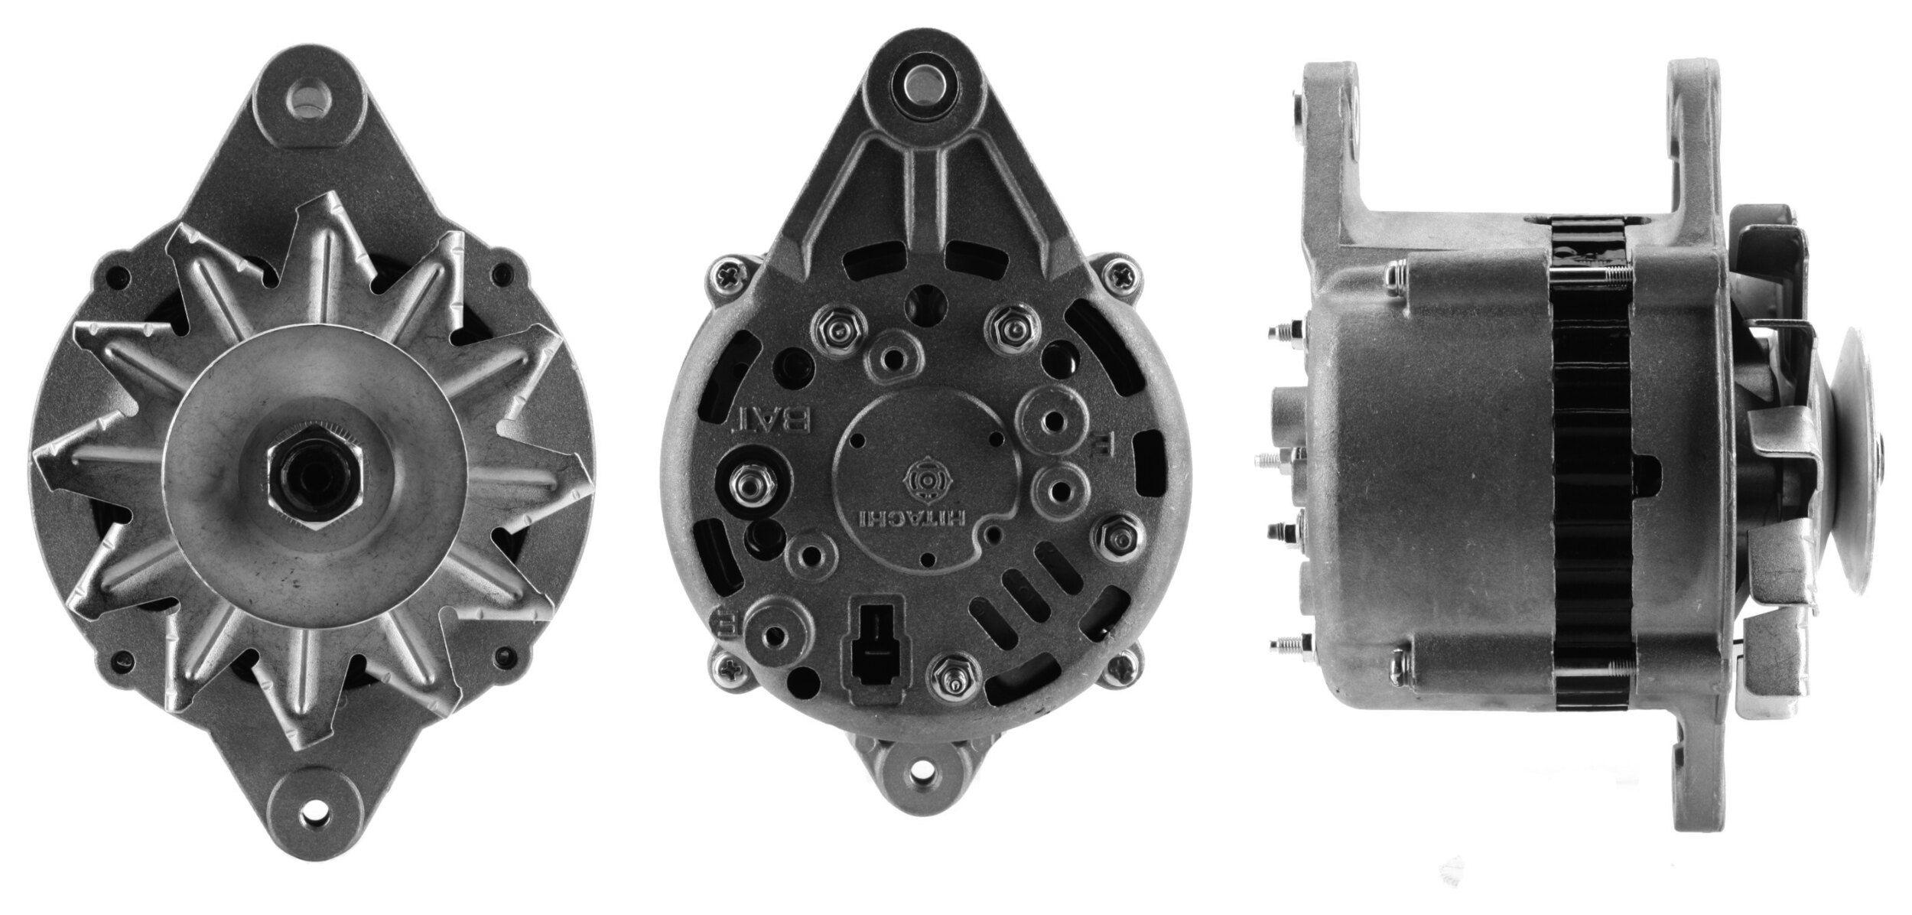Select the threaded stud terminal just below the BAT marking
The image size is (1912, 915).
[746, 483]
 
